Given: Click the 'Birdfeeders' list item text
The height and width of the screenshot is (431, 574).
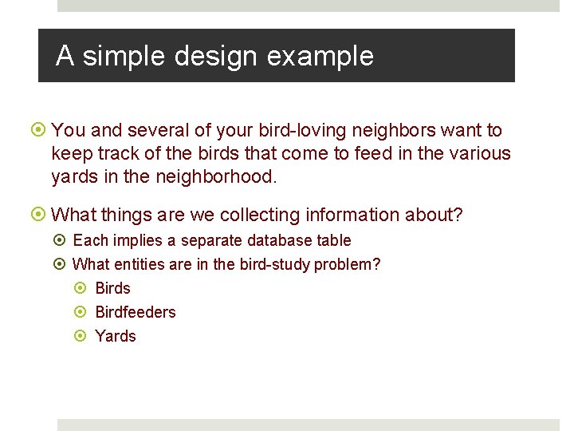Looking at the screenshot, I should pyautogui.click(x=135, y=312).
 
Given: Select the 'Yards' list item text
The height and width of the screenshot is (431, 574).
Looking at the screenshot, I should pyautogui.click(x=116, y=336).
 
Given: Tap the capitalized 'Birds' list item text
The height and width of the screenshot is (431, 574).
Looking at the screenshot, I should pyautogui.click(x=112, y=288).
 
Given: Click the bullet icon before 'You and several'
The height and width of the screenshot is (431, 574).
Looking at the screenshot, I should pyautogui.click(x=40, y=130).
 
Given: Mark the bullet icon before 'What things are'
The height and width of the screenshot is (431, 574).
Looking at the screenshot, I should pyautogui.click(x=40, y=215).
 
